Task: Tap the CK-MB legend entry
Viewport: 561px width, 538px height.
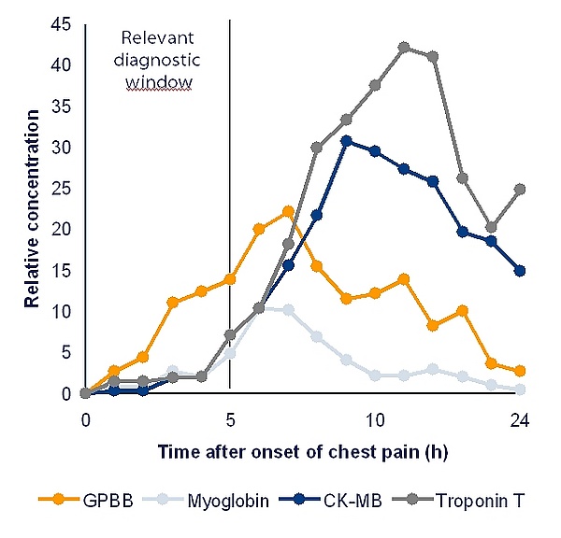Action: [x=341, y=499]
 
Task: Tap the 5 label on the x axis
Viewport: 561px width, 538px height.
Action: [x=230, y=419]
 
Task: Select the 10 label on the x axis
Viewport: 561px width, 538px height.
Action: [x=375, y=419]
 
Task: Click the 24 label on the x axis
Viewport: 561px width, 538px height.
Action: [x=520, y=419]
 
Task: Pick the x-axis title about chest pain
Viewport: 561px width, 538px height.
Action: [x=303, y=452]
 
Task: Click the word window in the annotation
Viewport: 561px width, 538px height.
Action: [x=159, y=81]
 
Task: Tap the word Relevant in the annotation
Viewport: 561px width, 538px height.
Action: [x=158, y=38]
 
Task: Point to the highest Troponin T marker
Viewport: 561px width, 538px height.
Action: [x=404, y=47]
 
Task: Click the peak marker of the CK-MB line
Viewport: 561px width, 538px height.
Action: [x=346, y=141]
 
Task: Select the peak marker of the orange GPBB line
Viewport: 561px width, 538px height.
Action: [x=288, y=211]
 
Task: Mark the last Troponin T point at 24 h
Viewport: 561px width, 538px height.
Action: [x=520, y=189]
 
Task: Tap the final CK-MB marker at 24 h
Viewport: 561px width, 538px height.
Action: [x=520, y=271]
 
